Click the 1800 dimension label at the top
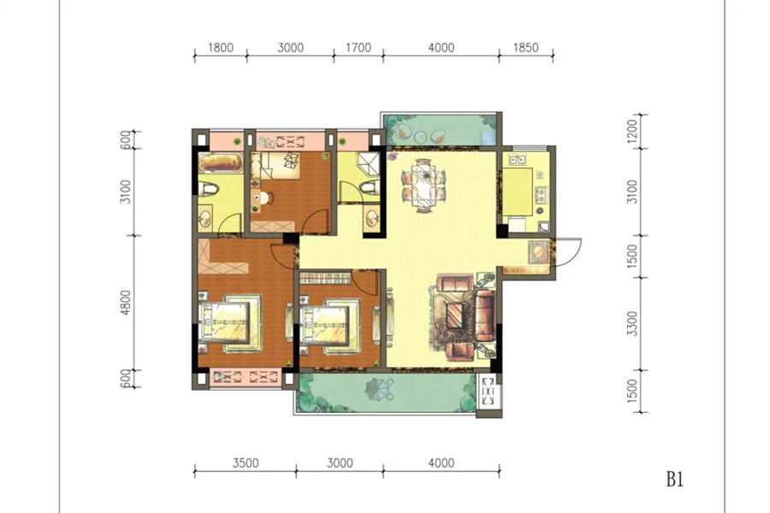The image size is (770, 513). (x=221, y=48)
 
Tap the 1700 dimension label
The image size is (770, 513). (x=358, y=48)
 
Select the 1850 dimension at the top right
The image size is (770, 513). (x=526, y=48)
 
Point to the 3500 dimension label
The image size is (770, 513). (x=246, y=463)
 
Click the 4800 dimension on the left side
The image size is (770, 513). (x=127, y=303)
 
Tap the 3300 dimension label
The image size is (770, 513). (x=632, y=323)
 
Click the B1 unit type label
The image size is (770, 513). (x=675, y=479)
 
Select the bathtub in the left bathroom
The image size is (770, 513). (x=221, y=162)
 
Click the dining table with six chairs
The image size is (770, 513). (x=423, y=185)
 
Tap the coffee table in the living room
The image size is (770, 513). (x=453, y=316)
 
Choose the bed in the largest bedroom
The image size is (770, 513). (x=230, y=323)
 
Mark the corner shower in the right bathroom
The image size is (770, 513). (x=368, y=164)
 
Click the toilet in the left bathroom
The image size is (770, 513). (x=210, y=188)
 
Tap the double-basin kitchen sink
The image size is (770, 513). (x=517, y=159)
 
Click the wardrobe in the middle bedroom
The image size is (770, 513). (x=324, y=278)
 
